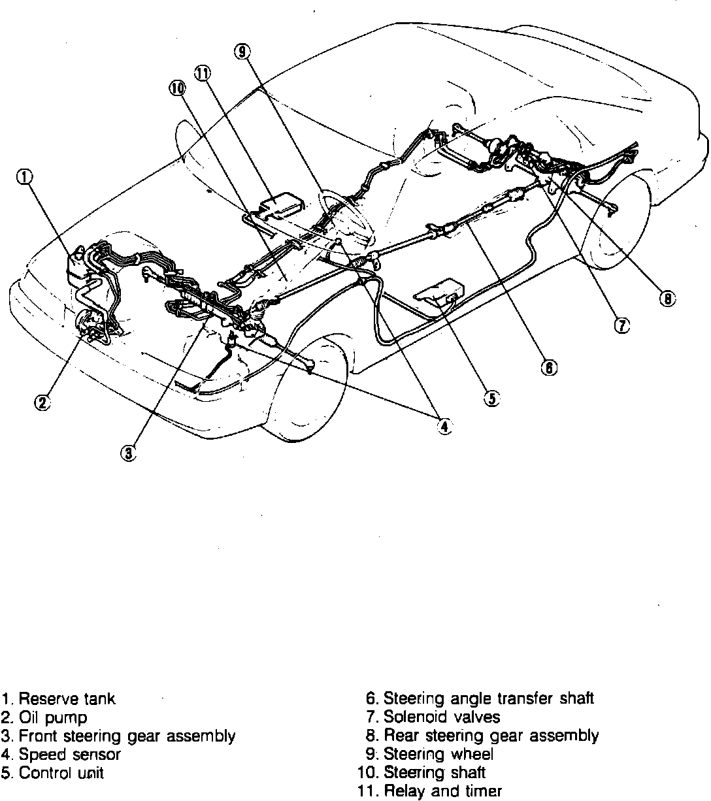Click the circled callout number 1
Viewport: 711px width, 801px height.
coord(24,177)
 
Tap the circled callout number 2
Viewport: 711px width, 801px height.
coord(42,403)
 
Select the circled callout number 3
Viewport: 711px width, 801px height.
coord(129,452)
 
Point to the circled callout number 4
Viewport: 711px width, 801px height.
coord(444,426)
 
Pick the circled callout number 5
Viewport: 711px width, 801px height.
coord(491,397)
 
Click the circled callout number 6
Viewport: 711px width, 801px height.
coord(549,368)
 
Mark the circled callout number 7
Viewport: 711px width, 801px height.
coord(622,325)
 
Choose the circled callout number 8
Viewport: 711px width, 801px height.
coord(667,299)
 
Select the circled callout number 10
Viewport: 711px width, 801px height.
coord(178,90)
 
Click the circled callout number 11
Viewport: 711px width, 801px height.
coord(202,73)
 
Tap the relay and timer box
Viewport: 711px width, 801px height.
coord(281,204)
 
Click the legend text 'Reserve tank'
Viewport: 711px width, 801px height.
coord(67,699)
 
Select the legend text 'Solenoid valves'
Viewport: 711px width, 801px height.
coord(441,717)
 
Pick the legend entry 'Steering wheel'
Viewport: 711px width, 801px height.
coord(438,754)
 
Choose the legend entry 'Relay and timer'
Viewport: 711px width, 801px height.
coord(442,791)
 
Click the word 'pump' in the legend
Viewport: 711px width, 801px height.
coord(65,718)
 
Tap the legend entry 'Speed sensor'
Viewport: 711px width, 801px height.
coord(69,755)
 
